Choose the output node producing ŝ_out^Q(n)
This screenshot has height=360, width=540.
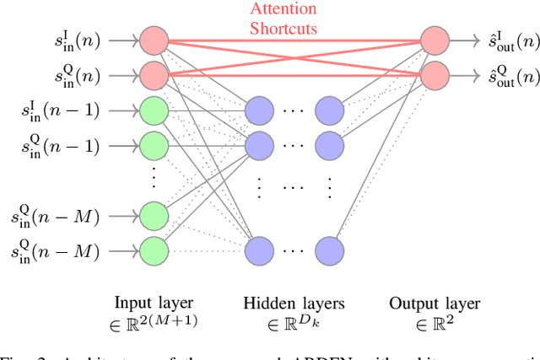coord(436,74)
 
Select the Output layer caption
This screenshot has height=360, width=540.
coord(436,303)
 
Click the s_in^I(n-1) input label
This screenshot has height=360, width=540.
coord(62,110)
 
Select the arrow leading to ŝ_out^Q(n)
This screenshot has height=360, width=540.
coord(463,74)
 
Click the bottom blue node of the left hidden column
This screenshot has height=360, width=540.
coord(260,250)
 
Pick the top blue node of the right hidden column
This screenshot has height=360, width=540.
coord(330,110)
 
